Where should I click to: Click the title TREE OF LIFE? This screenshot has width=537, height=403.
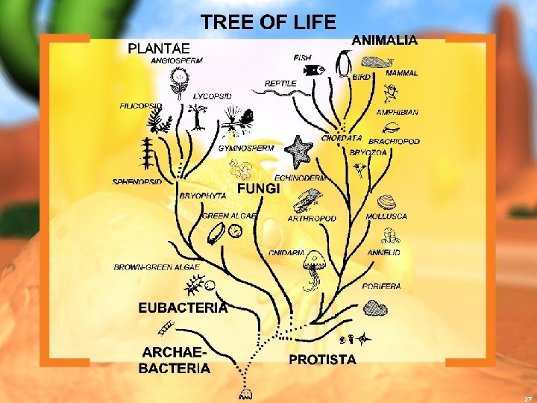pos(268,22)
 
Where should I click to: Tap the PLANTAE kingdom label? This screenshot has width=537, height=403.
pos(159,49)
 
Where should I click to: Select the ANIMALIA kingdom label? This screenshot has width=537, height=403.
pos(384,41)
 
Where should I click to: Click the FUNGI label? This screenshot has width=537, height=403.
pos(259,190)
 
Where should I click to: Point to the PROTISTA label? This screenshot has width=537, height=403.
pos(322,360)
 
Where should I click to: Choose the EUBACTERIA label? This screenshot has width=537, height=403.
pos(183,307)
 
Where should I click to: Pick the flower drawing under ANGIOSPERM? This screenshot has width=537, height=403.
pos(178,81)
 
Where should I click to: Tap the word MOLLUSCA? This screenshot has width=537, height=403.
pos(386,216)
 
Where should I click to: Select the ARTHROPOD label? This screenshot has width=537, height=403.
pos(312,219)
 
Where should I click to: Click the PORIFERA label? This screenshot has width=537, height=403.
pos(381,286)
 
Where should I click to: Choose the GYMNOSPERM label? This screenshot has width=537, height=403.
pos(245,148)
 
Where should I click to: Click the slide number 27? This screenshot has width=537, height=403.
pos(527,398)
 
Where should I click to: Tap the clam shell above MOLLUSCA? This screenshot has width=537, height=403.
pos(386,202)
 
